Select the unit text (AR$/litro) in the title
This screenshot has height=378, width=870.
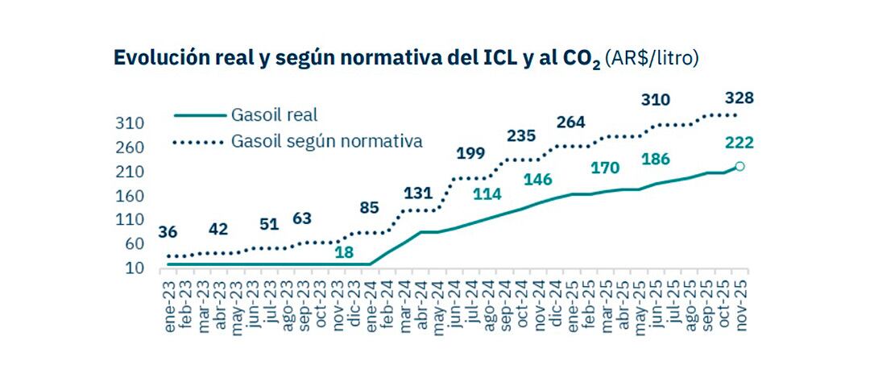point(652,59)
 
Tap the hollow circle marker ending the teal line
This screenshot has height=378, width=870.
point(739,166)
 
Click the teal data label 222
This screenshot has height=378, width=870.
point(739,143)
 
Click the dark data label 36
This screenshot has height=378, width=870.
point(169,233)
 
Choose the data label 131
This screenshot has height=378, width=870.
point(418,193)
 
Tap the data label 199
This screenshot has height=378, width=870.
point(471,153)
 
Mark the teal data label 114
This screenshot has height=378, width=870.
point(487,194)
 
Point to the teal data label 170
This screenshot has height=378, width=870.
point(604,168)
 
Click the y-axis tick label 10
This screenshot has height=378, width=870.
point(133,268)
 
